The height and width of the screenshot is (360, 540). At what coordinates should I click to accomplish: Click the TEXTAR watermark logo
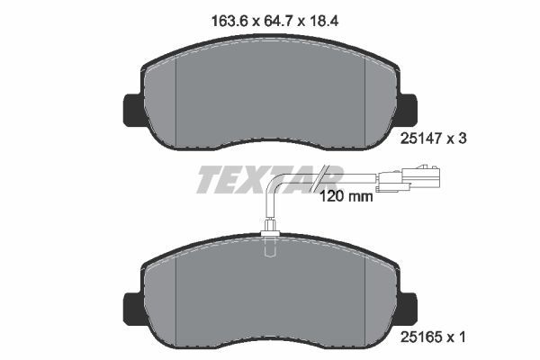point(267,180)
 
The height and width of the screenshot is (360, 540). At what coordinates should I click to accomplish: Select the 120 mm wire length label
point(346,195)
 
